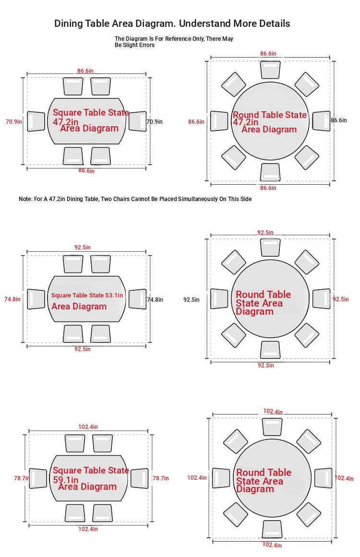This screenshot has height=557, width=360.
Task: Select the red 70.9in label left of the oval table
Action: point(14,121)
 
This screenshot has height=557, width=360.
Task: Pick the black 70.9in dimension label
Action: point(155,121)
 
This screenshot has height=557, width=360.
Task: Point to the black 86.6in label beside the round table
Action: point(339,120)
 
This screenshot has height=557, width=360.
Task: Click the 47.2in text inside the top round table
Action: point(246,122)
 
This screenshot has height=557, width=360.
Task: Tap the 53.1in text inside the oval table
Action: point(114,295)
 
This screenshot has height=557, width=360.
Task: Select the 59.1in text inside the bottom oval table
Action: point(66,480)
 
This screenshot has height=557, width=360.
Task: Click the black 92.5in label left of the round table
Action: point(192,299)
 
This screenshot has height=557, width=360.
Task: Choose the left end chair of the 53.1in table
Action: point(36,299)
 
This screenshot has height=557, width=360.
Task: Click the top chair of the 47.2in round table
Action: point(270,70)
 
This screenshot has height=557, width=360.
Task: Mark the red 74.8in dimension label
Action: point(12,299)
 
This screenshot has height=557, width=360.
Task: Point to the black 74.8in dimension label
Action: point(155,299)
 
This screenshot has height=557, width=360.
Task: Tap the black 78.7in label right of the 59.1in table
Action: point(161,478)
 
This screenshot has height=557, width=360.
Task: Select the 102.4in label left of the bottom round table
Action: point(197,478)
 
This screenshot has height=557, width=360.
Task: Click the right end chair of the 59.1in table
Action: point(139,478)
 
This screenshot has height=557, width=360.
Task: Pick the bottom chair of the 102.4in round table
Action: point(272,529)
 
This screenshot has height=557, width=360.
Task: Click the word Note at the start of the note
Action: point(25,199)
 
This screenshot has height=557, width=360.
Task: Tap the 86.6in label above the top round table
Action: point(268,54)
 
